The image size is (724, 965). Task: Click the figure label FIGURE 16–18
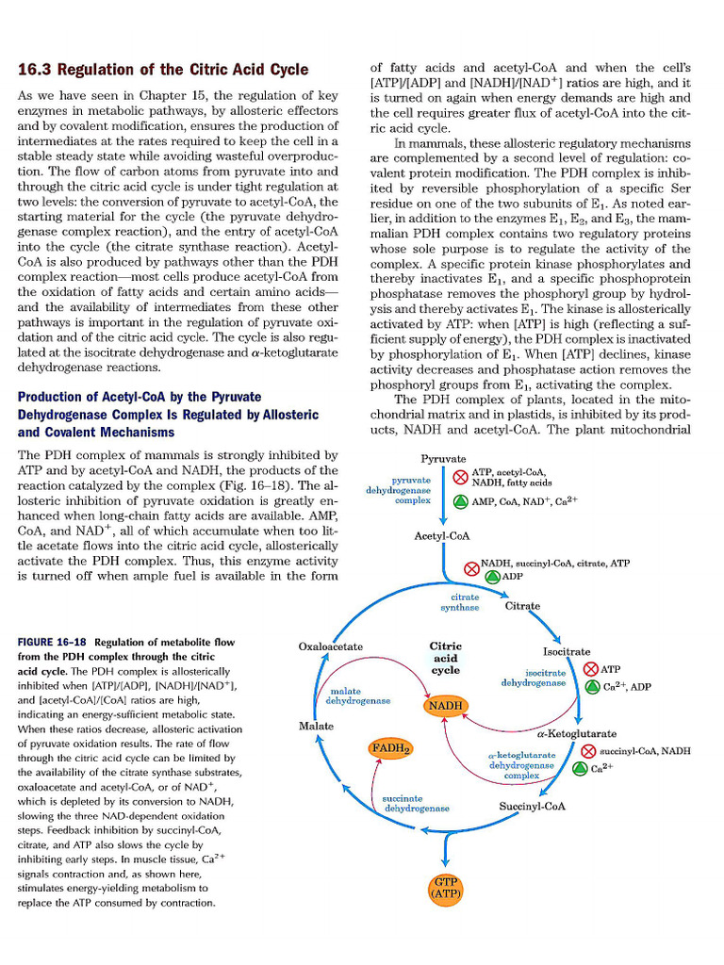pos(53,642)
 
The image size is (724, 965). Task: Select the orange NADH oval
pos(445,705)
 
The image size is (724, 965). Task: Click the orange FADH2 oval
pos(389,749)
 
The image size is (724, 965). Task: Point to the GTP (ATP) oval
pos(443,885)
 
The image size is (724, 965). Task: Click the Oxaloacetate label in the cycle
pos(330,646)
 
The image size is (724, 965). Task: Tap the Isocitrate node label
pos(567,651)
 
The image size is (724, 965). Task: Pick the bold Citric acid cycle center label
pos(445,658)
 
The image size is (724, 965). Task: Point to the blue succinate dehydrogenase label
pos(415,803)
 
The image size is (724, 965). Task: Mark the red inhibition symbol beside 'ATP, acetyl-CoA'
pos(460,477)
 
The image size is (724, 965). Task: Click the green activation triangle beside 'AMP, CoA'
pos(460,500)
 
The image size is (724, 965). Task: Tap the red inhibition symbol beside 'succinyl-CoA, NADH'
pos(587,751)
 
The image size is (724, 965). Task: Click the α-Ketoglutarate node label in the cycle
pos(576,733)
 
